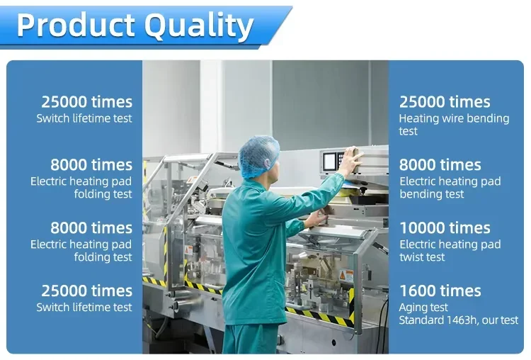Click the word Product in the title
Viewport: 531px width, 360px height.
point(76,25)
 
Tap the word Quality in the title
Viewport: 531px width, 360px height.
point(199,26)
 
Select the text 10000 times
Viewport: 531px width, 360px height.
point(445,227)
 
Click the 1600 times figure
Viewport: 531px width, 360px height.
point(440,291)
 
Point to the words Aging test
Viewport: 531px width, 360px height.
point(423,308)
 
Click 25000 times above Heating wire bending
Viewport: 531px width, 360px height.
point(445,102)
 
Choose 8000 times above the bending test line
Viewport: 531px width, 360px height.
point(440,165)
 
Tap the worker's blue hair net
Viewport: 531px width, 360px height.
point(258,156)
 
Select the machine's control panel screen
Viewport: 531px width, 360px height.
point(329,162)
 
